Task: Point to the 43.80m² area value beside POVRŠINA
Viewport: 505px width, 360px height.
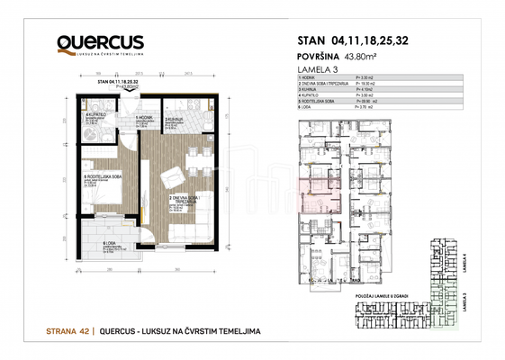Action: click(x=357, y=55)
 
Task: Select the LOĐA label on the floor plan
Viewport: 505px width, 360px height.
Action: click(x=110, y=242)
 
